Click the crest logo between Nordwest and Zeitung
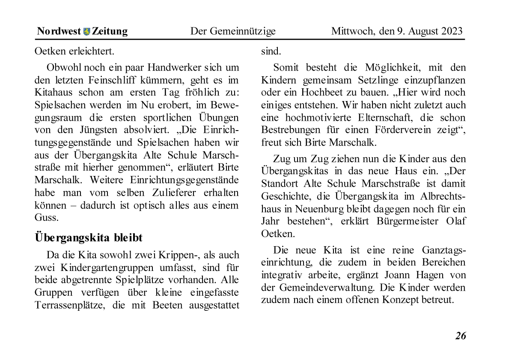click(x=87, y=31)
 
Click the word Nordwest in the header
click(x=59, y=31)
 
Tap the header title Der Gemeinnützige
click(x=233, y=31)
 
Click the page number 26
click(x=460, y=336)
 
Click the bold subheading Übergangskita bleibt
click(x=89, y=238)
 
